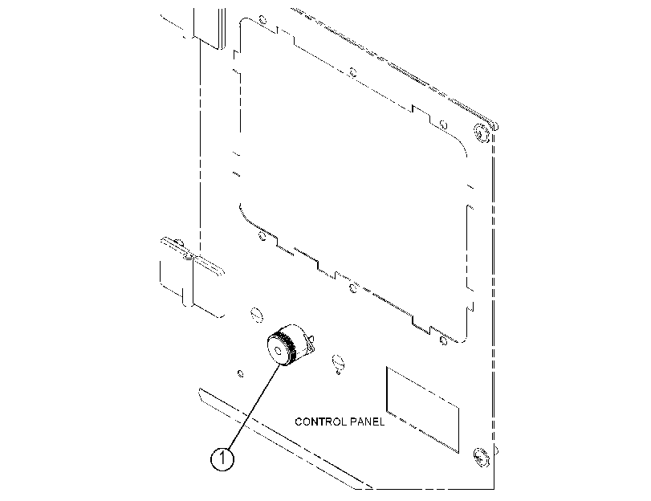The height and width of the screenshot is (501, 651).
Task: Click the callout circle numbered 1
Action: click(222, 458)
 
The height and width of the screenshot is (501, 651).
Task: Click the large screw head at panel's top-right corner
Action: click(481, 133)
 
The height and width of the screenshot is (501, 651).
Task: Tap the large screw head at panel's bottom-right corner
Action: click(481, 457)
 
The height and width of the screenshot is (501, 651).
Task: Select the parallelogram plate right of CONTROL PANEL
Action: click(423, 409)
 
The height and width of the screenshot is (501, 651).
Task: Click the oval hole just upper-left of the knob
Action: click(257, 315)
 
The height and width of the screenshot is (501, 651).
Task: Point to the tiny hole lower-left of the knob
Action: click(240, 373)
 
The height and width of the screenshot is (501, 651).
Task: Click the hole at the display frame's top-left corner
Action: click(262, 19)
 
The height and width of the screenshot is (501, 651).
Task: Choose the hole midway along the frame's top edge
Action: click(352, 72)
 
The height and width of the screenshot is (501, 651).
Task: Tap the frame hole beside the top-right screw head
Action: click(443, 124)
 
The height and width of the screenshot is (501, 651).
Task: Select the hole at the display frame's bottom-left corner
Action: click(262, 236)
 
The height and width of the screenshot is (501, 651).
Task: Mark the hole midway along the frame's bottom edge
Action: click(353, 287)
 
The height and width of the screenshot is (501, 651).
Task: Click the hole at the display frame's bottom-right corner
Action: click(443, 340)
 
